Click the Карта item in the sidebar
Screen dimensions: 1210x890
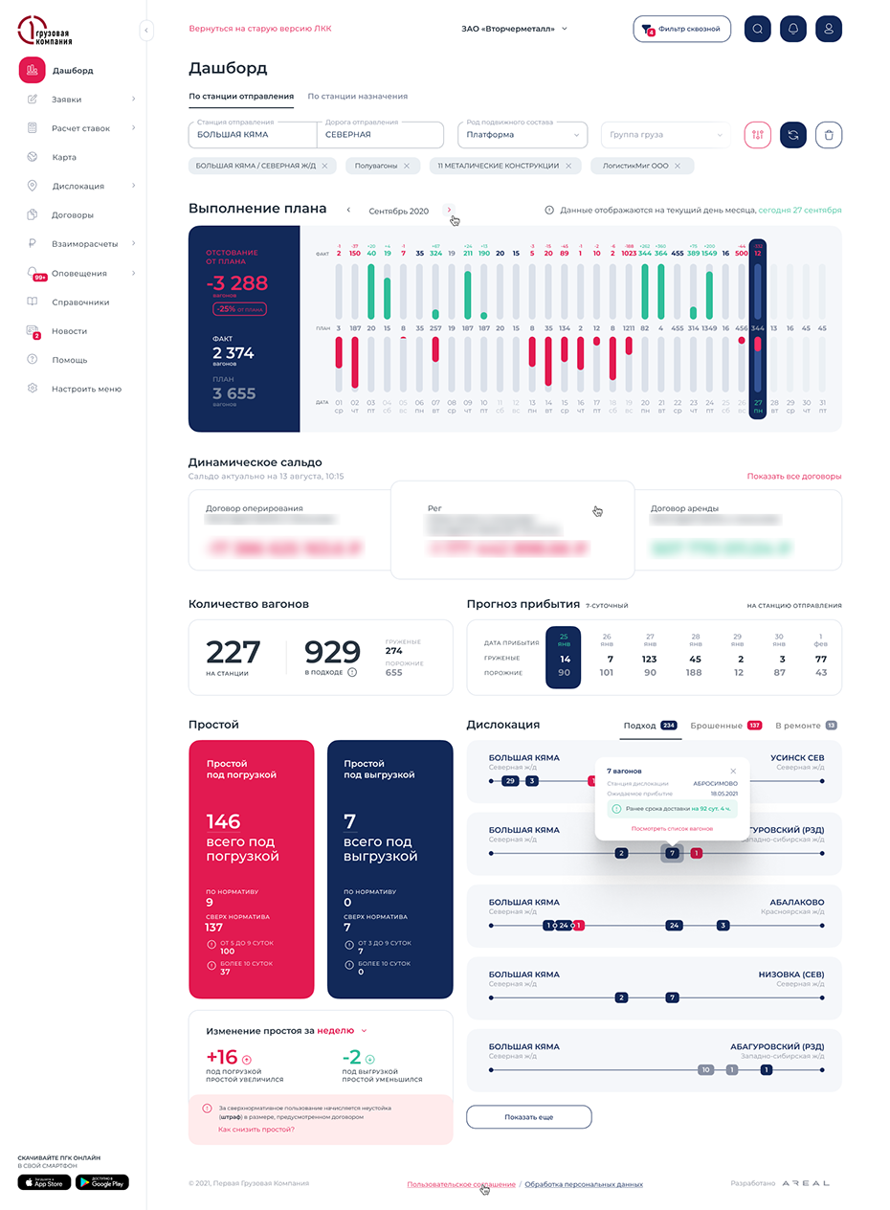coord(64,157)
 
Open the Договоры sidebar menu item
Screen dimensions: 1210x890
coord(73,215)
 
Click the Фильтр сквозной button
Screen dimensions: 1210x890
coord(682,29)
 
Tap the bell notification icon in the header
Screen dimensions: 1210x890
coord(793,29)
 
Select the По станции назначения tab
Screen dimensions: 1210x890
coord(357,97)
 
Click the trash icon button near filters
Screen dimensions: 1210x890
coord(829,135)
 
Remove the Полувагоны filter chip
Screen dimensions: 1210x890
coord(406,166)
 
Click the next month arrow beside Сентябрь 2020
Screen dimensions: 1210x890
coord(450,210)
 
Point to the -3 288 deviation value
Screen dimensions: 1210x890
coord(236,283)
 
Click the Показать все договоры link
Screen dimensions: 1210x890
coord(794,476)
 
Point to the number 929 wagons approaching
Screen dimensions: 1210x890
coord(332,652)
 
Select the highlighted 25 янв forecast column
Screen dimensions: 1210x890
coord(565,658)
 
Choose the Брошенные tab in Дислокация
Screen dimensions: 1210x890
coord(717,726)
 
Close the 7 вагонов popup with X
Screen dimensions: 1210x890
coord(734,771)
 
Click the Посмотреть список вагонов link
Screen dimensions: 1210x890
coord(672,828)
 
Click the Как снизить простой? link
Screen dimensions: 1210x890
coord(256,1130)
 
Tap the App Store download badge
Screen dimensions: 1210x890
coord(44,1182)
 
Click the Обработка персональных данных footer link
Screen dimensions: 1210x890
coord(584,1184)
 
